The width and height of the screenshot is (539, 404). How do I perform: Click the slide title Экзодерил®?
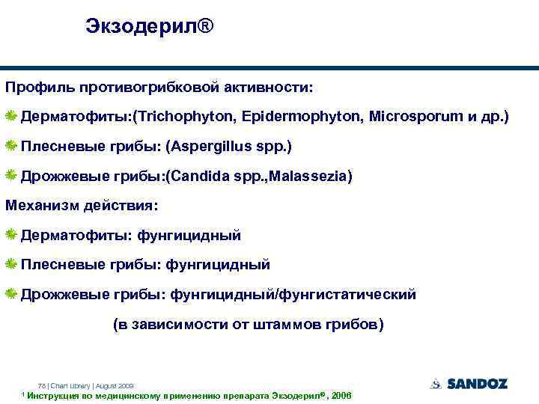(x=149, y=27)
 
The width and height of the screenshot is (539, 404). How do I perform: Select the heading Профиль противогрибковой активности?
(x=160, y=88)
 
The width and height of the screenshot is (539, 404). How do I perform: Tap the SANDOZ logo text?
(x=477, y=384)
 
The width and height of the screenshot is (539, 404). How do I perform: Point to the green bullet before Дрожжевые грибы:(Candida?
(x=12, y=176)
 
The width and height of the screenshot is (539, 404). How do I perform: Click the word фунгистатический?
(x=349, y=295)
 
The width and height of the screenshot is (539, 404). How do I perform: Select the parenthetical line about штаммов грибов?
(x=248, y=325)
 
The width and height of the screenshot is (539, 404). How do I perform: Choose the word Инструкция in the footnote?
(x=52, y=395)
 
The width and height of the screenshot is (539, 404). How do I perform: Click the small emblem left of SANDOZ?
(x=436, y=384)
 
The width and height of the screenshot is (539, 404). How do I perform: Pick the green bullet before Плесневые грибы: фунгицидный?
(x=12, y=265)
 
